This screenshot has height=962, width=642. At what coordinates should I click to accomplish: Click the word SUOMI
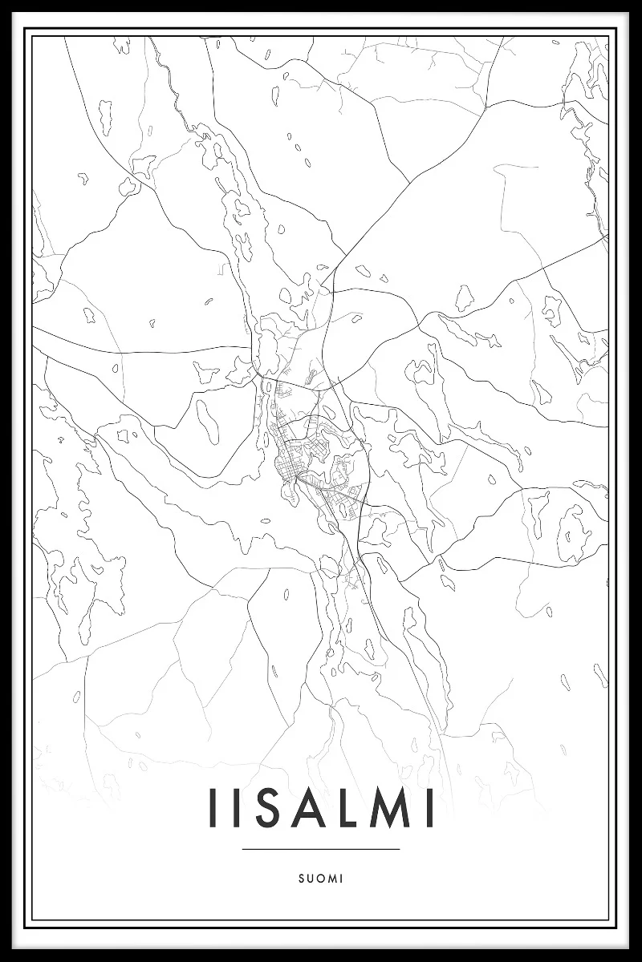click(x=320, y=879)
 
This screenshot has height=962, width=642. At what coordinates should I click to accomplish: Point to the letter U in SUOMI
click(x=309, y=879)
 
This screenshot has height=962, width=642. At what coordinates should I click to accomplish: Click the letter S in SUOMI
click(x=299, y=879)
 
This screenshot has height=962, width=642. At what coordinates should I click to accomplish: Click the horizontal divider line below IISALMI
click(x=320, y=849)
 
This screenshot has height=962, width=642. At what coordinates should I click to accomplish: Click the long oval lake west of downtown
click(x=207, y=422)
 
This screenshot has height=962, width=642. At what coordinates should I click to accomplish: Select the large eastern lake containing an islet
click(x=571, y=532)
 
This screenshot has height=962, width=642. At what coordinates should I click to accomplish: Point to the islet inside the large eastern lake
click(x=572, y=535)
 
